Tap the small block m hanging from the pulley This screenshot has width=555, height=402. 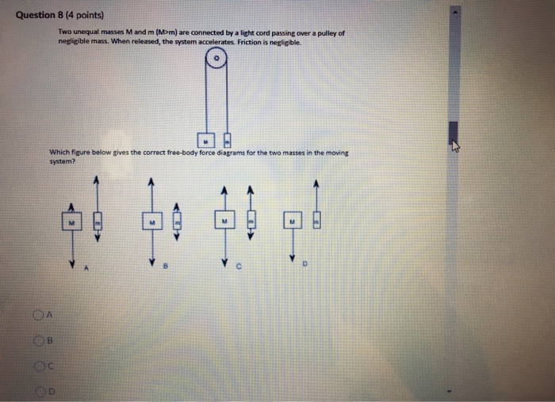pyautogui.click(x=227, y=141)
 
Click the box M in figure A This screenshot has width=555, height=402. pyautogui.click(x=71, y=221)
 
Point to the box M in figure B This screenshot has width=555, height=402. pyautogui.click(x=148, y=222)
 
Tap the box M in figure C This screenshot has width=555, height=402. pyautogui.click(x=224, y=222)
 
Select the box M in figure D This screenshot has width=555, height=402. pyautogui.click(x=293, y=222)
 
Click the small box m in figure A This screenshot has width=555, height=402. pyautogui.click(x=97, y=222)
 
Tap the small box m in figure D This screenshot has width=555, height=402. pyautogui.click(x=317, y=221)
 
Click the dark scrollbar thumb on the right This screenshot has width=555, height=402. pyautogui.click(x=454, y=135)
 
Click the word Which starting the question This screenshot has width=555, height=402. pyautogui.click(x=60, y=153)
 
